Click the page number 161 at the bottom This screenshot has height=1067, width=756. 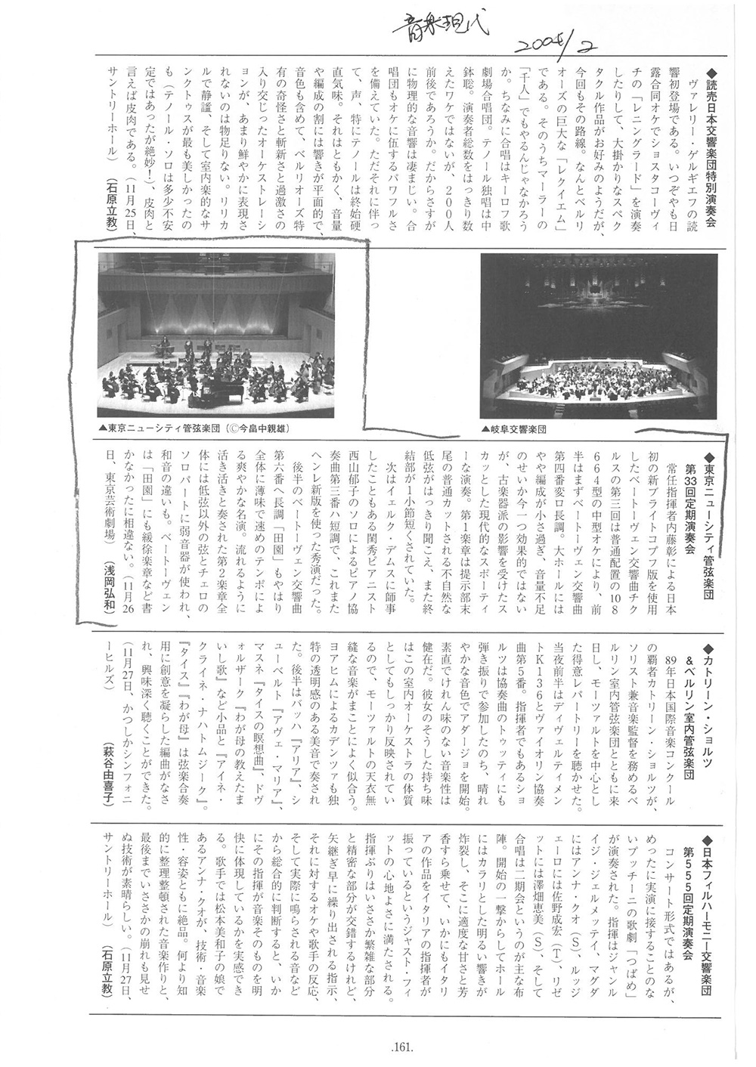coord(401,1047)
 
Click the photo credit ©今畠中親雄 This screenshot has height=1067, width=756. coord(257,428)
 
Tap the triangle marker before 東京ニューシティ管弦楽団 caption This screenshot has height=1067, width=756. coord(102,428)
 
